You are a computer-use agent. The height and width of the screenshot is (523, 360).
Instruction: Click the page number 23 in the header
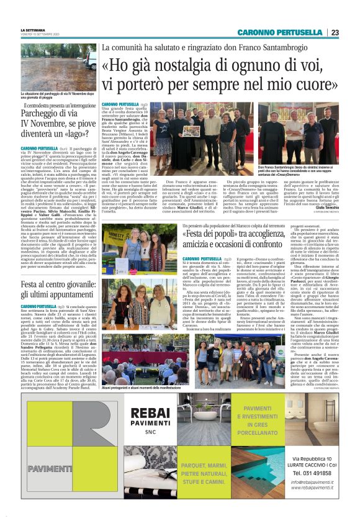[x=334, y=32]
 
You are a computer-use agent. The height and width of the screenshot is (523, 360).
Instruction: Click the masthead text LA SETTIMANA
[x=33, y=30]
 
